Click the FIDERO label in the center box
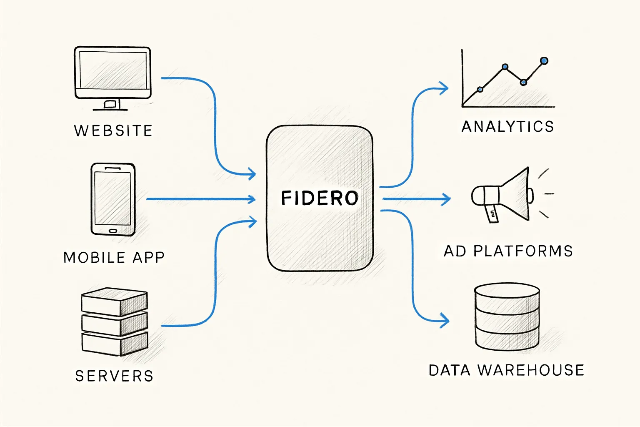pyautogui.click(x=320, y=198)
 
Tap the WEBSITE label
pyautogui.click(x=113, y=131)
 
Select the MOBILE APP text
pyautogui.click(x=114, y=257)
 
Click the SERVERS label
pyautogui.click(x=114, y=376)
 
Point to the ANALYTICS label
pyautogui.click(x=507, y=126)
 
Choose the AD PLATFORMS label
pyautogui.click(x=508, y=251)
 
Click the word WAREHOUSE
pyautogui.click(x=531, y=370)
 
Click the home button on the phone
pyautogui.click(x=113, y=231)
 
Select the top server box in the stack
pyautogui.click(x=114, y=301)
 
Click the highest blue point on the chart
pyautogui.click(x=544, y=61)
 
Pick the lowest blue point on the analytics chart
pyautogui.click(x=480, y=89)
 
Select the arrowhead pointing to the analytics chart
pyautogui.click(x=445, y=88)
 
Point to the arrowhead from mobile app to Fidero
pyautogui.click(x=252, y=199)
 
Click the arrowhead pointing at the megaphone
pyautogui.click(x=447, y=199)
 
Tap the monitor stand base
pyautogui.click(x=110, y=109)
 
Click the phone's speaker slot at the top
pyautogui.click(x=112, y=168)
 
